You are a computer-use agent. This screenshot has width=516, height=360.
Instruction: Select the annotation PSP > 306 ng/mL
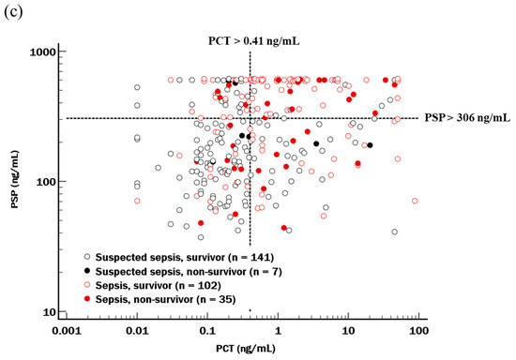[466, 118]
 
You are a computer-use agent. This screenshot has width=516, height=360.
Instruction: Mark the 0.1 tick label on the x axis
[207, 332]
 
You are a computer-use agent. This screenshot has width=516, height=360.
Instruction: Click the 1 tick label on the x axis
[278, 332]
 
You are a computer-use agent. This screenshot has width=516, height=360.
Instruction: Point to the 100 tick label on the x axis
[417, 332]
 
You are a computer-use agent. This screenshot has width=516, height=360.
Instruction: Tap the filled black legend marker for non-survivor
[87, 270]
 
